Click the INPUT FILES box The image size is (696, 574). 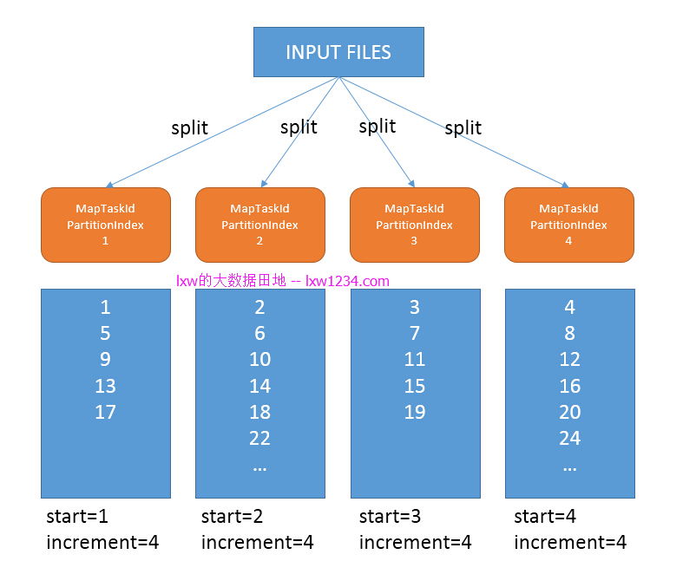pos(338,52)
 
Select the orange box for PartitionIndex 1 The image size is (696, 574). pos(106,225)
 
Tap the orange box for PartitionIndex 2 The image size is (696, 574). pos(260,225)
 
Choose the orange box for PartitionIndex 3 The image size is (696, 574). pos(415,225)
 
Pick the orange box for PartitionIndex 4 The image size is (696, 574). pos(569,225)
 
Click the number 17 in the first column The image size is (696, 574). pos(105,412)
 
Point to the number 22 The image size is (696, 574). pos(259,438)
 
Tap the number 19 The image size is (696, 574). pos(415,412)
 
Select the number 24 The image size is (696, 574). pos(570,438)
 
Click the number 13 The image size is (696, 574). pos(105,386)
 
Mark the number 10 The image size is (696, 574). pos(259,359)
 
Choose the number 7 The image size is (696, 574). pos(415,333)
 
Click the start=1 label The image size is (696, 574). pos(77,516)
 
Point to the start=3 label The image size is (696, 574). pos(390,516)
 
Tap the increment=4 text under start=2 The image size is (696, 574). pos(258,542)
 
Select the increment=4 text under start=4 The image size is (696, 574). pos(570,542)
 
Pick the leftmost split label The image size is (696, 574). pos(189,127)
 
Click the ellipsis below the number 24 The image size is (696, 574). pos(570,468)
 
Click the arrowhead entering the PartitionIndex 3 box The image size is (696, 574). pos(412,184)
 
